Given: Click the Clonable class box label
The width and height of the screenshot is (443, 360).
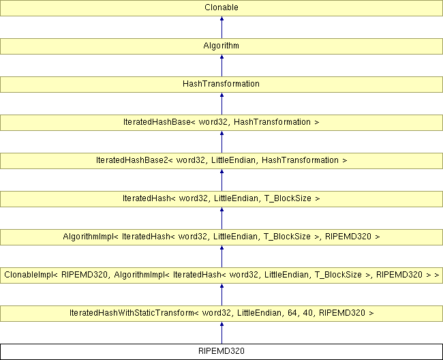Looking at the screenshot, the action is pyautogui.click(x=221, y=7).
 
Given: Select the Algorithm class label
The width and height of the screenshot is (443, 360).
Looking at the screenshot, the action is pyautogui.click(x=221, y=46).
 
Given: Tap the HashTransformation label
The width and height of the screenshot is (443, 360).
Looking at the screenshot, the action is pyautogui.click(x=221, y=84).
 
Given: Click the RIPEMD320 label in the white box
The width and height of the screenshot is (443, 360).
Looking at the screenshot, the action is pyautogui.click(x=221, y=351).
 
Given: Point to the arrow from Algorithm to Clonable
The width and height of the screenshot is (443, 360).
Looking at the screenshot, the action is pyautogui.click(x=221, y=27).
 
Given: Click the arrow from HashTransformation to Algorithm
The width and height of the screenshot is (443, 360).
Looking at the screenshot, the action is pyautogui.click(x=221, y=65).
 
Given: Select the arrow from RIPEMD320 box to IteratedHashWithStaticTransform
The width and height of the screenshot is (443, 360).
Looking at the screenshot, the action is pyautogui.click(x=221, y=333).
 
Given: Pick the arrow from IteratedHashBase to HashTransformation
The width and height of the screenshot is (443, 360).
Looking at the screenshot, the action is pyautogui.click(x=221, y=104).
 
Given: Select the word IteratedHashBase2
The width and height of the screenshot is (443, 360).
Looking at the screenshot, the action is pyautogui.click(x=132, y=160).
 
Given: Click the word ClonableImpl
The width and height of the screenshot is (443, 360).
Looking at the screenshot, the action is pyautogui.click(x=28, y=275).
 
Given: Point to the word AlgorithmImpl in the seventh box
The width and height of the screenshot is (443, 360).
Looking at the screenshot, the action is pyautogui.click(x=88, y=237).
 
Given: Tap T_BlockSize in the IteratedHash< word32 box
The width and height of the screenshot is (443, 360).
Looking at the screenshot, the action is pyautogui.click(x=288, y=198).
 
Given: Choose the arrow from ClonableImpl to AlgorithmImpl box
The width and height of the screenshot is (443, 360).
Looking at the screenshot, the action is pyautogui.click(x=221, y=256).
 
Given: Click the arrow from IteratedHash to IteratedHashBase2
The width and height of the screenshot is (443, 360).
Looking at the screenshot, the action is pyautogui.click(x=221, y=180).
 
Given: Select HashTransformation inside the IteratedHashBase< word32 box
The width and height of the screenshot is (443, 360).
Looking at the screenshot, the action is pyautogui.click(x=273, y=122).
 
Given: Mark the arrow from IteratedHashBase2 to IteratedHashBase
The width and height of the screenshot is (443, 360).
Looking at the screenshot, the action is pyautogui.click(x=221, y=142).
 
